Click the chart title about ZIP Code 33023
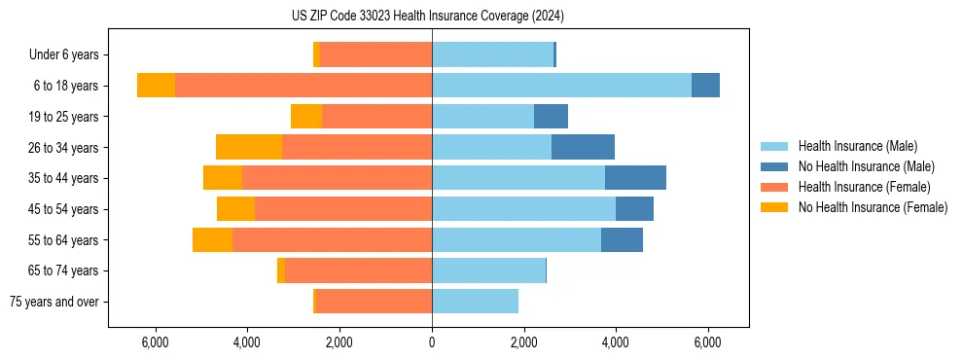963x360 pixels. pyautogui.click(x=427, y=16)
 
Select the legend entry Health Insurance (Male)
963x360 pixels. pyautogui.click(x=857, y=146)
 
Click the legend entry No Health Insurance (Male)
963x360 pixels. pyautogui.click(x=866, y=166)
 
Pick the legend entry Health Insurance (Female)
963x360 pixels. pyautogui.click(x=864, y=187)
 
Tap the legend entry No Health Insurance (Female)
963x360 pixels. pyautogui.click(x=873, y=207)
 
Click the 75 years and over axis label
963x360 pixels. pyautogui.click(x=54, y=302)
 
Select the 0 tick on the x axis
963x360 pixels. pyautogui.click(x=432, y=342)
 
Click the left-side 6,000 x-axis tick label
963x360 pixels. pyautogui.click(x=156, y=342)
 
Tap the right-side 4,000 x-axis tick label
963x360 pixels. pyautogui.click(x=616, y=342)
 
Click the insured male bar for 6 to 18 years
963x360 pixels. pyautogui.click(x=561, y=86)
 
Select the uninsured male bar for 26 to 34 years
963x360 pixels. pyautogui.click(x=583, y=147)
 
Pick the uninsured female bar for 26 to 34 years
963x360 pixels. pyautogui.click(x=249, y=147)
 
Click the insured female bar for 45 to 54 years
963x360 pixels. pyautogui.click(x=343, y=209)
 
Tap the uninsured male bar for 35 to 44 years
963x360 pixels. pyautogui.click(x=635, y=178)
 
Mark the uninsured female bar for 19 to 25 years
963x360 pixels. pyautogui.click(x=306, y=117)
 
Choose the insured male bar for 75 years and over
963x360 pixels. pyautogui.click(x=475, y=302)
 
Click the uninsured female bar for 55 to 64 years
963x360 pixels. pyautogui.click(x=212, y=239)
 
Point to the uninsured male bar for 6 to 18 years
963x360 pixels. pyautogui.click(x=705, y=86)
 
